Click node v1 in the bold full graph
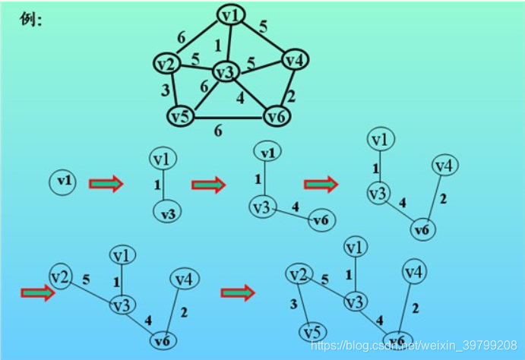coord(231,15)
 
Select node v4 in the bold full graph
coord(294,59)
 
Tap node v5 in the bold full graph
coord(180,116)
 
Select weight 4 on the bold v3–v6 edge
coord(240,96)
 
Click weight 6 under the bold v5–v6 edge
coord(218,131)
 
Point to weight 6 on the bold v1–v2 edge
coord(181,36)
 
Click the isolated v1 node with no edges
coord(65,181)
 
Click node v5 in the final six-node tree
coord(313,332)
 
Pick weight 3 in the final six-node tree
coord(294,305)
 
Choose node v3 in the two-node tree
coord(168,213)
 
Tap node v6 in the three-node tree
coord(321,220)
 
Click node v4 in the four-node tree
coord(446,165)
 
